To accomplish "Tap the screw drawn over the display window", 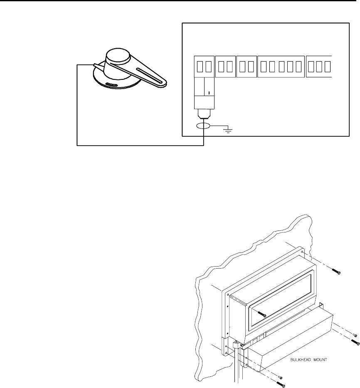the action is click(x=261, y=314).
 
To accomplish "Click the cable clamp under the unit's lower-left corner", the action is click(x=238, y=344).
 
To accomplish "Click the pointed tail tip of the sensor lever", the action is click(x=95, y=64).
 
